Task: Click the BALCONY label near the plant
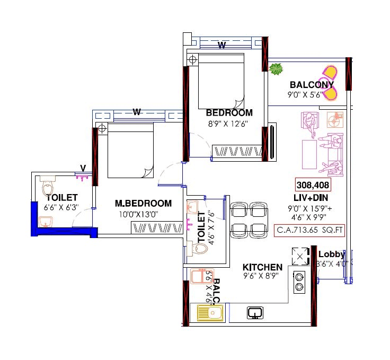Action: tap(312, 85)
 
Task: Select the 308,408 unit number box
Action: tap(313, 186)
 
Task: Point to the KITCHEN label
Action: tap(262, 267)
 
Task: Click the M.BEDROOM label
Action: tap(144, 203)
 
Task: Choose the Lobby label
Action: tap(331, 254)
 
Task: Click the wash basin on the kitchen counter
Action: tap(255, 313)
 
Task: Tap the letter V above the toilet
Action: tap(83, 168)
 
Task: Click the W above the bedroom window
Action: tap(222, 45)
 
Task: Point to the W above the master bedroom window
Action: tap(137, 112)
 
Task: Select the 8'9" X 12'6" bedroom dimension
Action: tap(228, 124)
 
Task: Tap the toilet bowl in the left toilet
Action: tap(48, 188)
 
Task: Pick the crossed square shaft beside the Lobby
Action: tap(300, 257)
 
